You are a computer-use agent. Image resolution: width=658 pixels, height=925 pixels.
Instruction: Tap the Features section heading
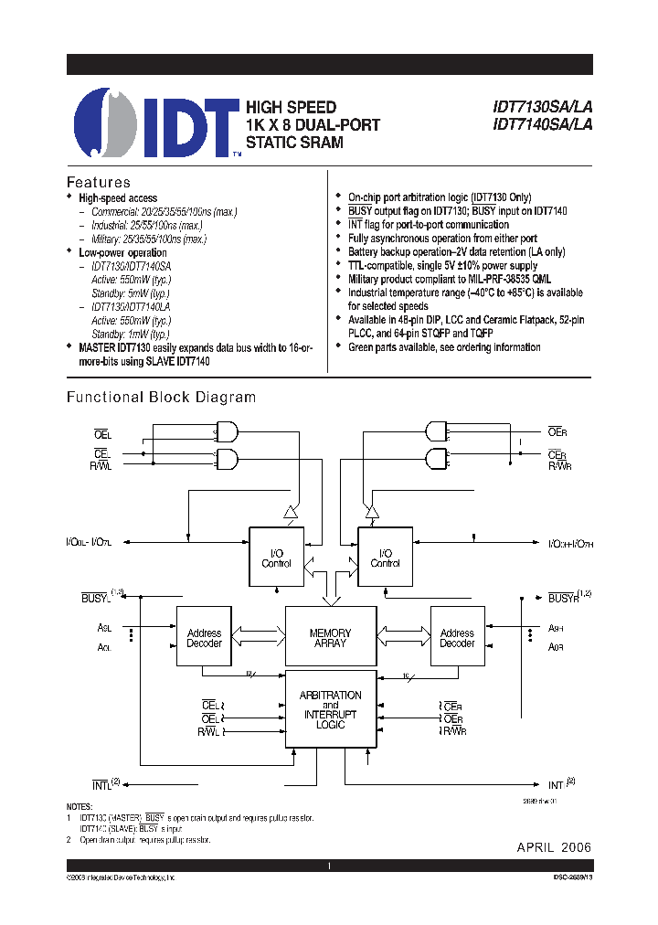(100, 182)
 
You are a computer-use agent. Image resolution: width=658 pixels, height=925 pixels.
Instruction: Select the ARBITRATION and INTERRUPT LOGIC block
(331, 710)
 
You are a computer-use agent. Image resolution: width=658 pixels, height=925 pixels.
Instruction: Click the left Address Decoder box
(204, 636)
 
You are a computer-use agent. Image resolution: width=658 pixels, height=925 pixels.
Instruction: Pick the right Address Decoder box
(456, 636)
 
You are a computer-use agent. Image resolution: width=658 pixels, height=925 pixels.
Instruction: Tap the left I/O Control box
(276, 558)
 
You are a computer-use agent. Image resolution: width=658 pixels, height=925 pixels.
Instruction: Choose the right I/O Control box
(385, 558)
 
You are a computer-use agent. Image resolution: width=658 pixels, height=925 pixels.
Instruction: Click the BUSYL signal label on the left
(95, 597)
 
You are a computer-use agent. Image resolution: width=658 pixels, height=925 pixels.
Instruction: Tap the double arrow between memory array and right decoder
(402, 632)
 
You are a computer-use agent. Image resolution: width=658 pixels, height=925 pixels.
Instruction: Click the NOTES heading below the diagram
(80, 805)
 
